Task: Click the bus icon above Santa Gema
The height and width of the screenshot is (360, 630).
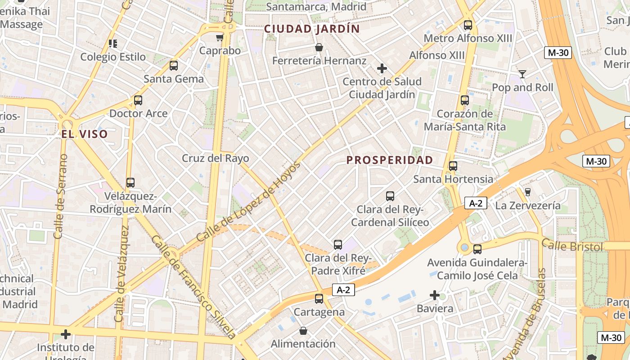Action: pyautogui.click(x=174, y=66)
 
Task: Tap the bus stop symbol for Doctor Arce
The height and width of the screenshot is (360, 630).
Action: pyautogui.click(x=138, y=100)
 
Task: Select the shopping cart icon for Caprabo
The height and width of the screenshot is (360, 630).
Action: pyautogui.click(x=220, y=38)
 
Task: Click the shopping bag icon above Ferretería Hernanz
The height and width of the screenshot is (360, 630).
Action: pyautogui.click(x=319, y=47)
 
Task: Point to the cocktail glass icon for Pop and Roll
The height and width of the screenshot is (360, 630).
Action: pyautogui.click(x=522, y=74)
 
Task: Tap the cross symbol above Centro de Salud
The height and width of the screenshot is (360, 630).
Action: pyautogui.click(x=382, y=68)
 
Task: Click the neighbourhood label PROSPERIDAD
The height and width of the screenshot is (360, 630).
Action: pyautogui.click(x=390, y=160)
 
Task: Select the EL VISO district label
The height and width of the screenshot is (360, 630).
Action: pyautogui.click(x=85, y=134)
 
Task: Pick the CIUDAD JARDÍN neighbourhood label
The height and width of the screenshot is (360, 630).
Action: pyautogui.click(x=312, y=29)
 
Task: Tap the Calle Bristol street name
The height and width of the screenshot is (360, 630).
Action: pyautogui.click(x=571, y=246)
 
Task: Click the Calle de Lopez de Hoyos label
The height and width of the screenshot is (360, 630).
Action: pyautogui.click(x=248, y=201)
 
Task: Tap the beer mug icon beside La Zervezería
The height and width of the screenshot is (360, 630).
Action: pyautogui.click(x=528, y=192)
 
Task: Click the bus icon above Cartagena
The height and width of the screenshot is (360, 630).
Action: pyautogui.click(x=319, y=298)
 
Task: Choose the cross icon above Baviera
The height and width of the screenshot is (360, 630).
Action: pyautogui.click(x=435, y=295)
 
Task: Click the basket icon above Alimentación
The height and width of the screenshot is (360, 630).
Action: pyautogui.click(x=303, y=331)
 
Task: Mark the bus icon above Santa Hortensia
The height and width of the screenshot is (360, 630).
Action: pyautogui.click(x=453, y=166)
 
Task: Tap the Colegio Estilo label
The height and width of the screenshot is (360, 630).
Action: pyautogui.click(x=113, y=57)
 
